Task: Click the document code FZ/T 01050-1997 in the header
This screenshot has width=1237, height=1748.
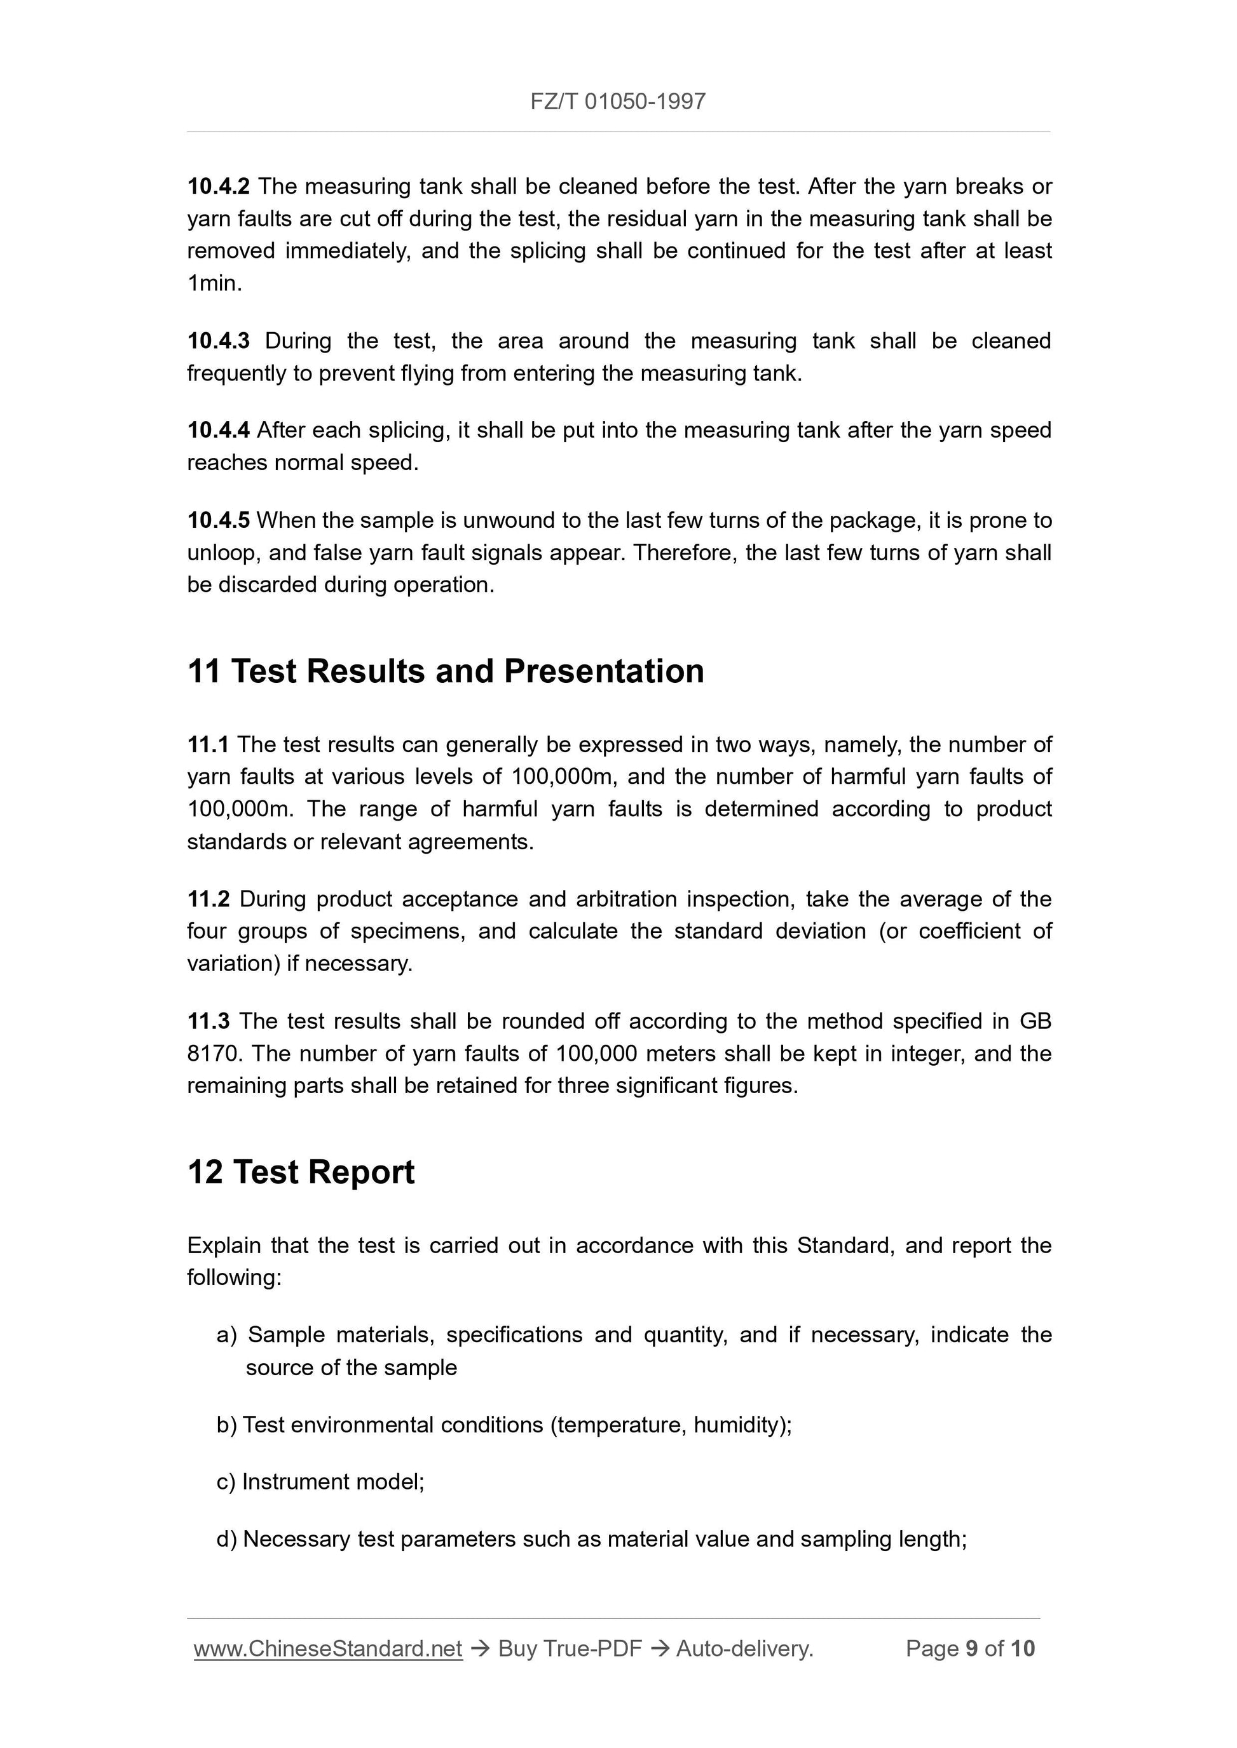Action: tap(618, 101)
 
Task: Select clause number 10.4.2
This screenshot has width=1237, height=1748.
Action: tap(218, 187)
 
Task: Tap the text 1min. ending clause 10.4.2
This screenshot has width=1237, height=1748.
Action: tap(214, 283)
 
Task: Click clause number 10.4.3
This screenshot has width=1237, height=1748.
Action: tap(218, 341)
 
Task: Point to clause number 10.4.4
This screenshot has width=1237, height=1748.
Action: tap(218, 431)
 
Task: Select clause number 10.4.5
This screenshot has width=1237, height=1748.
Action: tap(218, 521)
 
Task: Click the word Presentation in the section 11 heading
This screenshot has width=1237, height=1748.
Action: tap(603, 671)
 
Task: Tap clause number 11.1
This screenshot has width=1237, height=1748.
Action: tap(208, 744)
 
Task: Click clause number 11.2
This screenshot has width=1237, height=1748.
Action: tap(208, 899)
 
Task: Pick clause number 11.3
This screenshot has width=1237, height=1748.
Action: tap(208, 1021)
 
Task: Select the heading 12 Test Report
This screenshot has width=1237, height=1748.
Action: tap(301, 1173)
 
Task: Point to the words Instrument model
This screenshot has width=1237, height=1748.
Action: tap(332, 1481)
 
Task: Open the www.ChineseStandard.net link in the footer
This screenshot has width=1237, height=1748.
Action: tap(328, 1648)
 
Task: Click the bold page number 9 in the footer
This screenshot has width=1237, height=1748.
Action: tap(971, 1648)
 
